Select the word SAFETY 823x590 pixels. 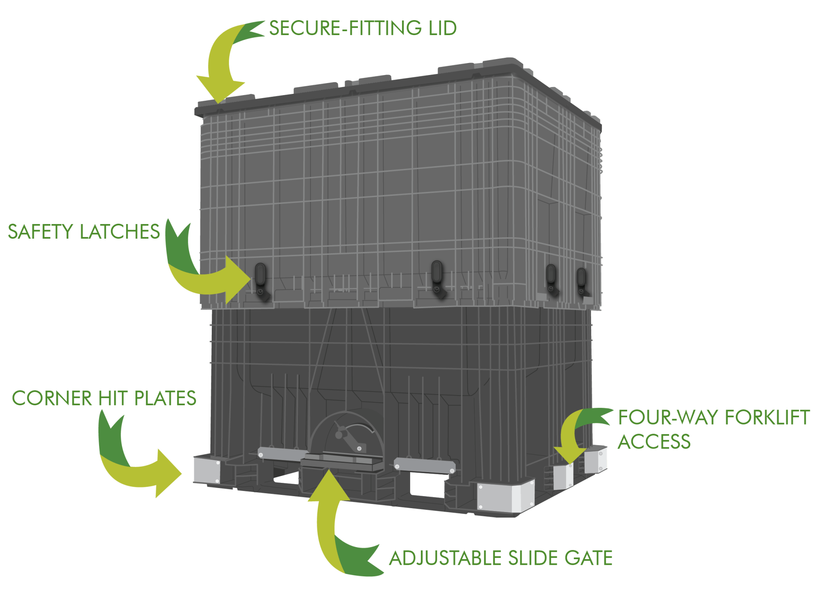point(41,232)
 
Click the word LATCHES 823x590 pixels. point(120,232)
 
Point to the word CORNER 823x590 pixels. point(52,398)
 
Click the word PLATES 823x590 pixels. point(165,398)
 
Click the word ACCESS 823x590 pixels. point(654,442)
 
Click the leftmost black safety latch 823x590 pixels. point(261,281)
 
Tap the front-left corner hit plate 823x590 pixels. point(207,470)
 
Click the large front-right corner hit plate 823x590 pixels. point(506,497)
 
